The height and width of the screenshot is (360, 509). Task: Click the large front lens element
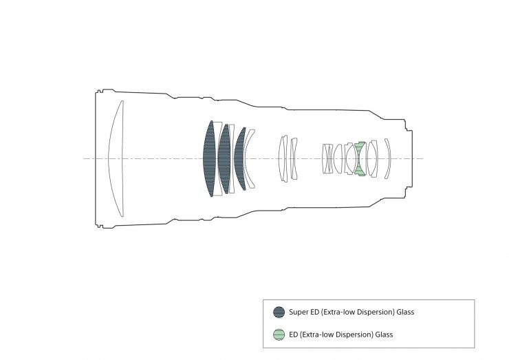pyautogui.click(x=116, y=158)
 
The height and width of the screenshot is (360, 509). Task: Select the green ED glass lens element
pyautogui.click(x=359, y=158)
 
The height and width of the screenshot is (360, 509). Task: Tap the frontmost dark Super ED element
pyautogui.click(x=209, y=158)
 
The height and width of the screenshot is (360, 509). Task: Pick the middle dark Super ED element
pyautogui.click(x=224, y=158)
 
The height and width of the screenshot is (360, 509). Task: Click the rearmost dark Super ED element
pyautogui.click(x=239, y=158)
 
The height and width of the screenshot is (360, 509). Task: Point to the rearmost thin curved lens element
pyautogui.click(x=388, y=158)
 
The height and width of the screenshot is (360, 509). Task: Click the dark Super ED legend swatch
pyautogui.click(x=279, y=313)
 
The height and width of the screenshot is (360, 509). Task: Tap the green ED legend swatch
pyautogui.click(x=279, y=335)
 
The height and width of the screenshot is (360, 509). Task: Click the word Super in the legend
pyautogui.click(x=298, y=313)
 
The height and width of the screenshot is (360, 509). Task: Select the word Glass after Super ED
pyautogui.click(x=405, y=312)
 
